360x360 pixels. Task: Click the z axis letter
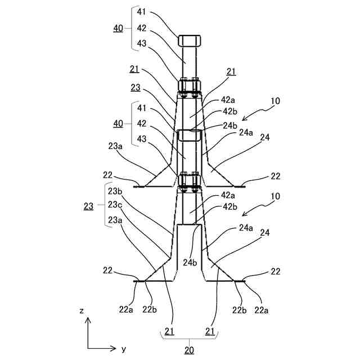coord(82,310)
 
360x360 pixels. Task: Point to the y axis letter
coord(123,349)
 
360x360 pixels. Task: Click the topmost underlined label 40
coord(118,28)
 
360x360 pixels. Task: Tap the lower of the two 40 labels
coord(118,123)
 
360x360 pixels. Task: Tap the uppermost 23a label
coord(115,146)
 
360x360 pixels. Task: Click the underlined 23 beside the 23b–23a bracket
coord(88,206)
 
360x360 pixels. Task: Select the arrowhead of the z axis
coord(87,319)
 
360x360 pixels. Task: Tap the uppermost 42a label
coord(227,100)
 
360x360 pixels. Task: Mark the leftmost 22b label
coord(150,308)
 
